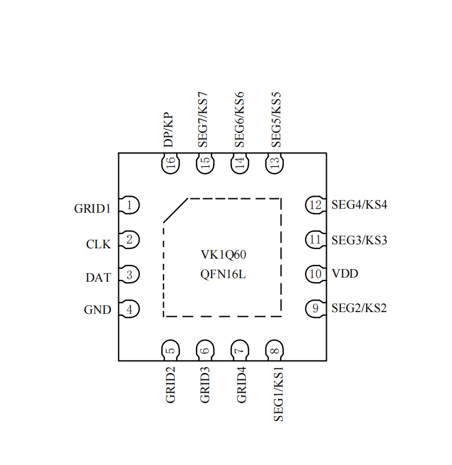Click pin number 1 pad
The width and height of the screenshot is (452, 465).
point(130,205)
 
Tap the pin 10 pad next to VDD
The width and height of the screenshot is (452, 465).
point(315,274)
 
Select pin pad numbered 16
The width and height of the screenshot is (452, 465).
point(170,164)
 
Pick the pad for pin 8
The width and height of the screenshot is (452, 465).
point(275,350)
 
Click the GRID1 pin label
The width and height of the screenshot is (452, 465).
point(92,209)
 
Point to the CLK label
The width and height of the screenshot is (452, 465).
point(98,244)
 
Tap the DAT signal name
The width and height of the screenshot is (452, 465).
point(98,278)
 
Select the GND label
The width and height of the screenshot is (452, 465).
point(98,310)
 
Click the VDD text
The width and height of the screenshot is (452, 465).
point(345,274)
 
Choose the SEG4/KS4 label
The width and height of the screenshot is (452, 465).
point(359,205)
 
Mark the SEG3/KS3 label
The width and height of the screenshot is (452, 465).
point(359,240)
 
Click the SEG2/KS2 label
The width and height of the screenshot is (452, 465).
point(359,308)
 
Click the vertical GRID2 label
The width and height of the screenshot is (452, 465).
point(170,385)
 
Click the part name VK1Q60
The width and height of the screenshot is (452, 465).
point(223,255)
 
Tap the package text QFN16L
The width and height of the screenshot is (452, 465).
point(223,275)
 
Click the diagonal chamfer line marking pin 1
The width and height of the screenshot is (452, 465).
point(176,210)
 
